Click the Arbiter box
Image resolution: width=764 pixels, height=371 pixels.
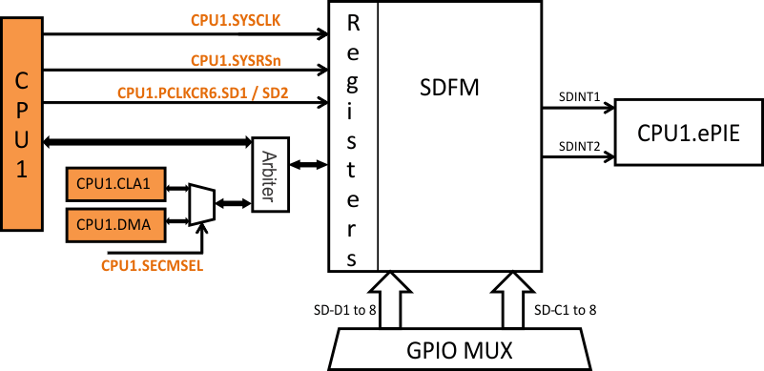269,175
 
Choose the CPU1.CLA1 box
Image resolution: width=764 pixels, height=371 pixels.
115,184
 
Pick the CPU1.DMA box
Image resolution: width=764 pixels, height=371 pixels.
115,223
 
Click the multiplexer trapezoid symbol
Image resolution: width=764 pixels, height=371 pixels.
201,203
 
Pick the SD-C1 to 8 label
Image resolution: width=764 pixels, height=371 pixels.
567,310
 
